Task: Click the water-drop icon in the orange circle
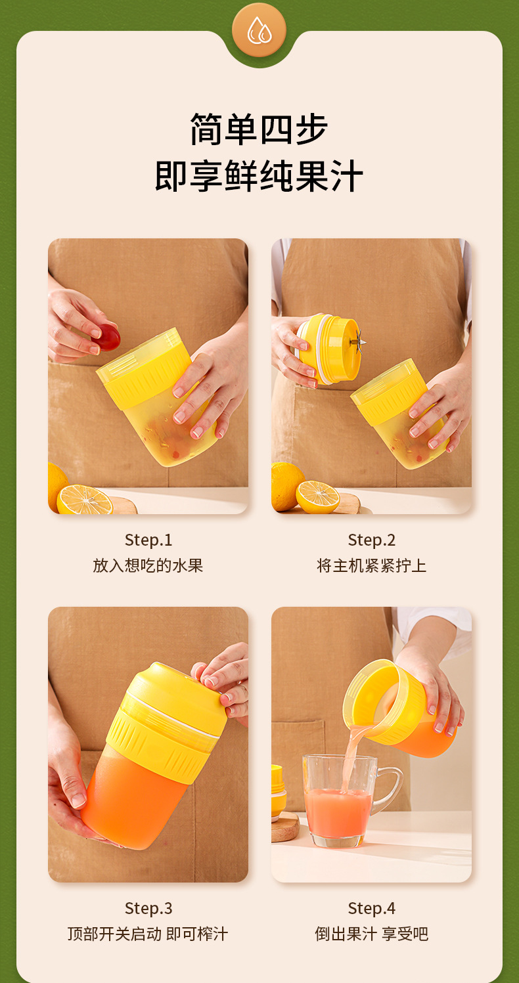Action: [x=259, y=30]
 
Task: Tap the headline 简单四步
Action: [x=259, y=129]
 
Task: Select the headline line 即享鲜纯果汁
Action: [x=259, y=176]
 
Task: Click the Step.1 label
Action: [x=148, y=540]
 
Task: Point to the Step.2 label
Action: [x=371, y=540]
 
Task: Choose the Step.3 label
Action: [x=148, y=908]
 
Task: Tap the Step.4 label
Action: [x=371, y=908]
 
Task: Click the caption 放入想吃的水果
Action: [x=148, y=565]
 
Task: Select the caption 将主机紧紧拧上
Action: [x=371, y=565]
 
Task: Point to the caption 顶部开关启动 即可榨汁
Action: [x=148, y=934]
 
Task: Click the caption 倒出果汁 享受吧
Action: [x=371, y=934]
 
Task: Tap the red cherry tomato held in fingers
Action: [x=108, y=337]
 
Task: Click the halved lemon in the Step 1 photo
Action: [x=85, y=500]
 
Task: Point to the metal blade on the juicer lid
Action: [x=359, y=342]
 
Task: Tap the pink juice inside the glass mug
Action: [x=338, y=812]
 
